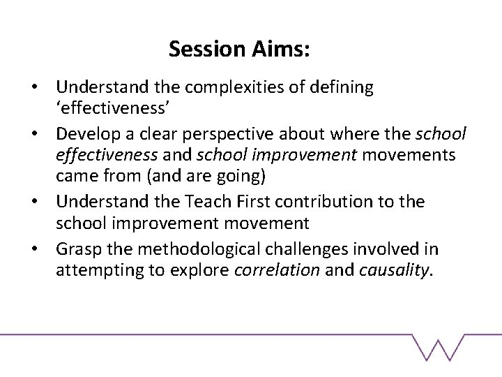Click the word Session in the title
click(201, 49)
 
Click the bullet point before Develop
click(43, 134)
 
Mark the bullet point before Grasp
click(43, 248)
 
